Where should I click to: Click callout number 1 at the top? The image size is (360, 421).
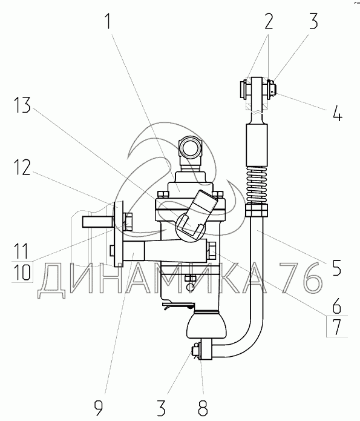pyautogui.click(x=108, y=21)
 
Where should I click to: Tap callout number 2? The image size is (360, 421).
pyautogui.click(x=269, y=21)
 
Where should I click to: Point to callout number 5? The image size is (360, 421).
pyautogui.click(x=336, y=267)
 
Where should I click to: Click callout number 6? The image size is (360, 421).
pyautogui.click(x=336, y=305)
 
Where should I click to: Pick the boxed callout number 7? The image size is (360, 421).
pyautogui.click(x=337, y=327)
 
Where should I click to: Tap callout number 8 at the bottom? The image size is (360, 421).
pyautogui.click(x=203, y=408)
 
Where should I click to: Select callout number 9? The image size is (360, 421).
pyautogui.click(x=99, y=408)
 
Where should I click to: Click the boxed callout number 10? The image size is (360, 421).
pyautogui.click(x=22, y=272)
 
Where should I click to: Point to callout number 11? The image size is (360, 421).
pyautogui.click(x=21, y=251)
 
